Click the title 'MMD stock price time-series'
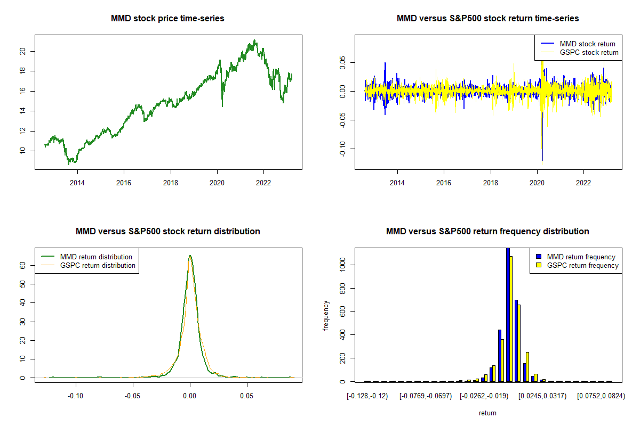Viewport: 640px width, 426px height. coord(167,19)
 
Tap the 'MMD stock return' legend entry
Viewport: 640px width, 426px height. coord(587,44)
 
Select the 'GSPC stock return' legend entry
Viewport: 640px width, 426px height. coord(589,52)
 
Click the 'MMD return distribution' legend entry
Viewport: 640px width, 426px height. coord(96,257)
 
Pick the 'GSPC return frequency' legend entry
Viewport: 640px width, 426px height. coord(582,265)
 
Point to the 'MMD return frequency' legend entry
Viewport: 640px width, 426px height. coord(581,257)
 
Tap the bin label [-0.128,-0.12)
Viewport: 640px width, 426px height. coord(367,396)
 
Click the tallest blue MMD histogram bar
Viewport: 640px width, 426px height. coord(508,314)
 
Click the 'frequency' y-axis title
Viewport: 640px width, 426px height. coord(326,316)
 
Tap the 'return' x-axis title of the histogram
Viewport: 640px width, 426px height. coord(487,413)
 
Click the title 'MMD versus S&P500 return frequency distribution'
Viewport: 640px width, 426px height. coord(487,232)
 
